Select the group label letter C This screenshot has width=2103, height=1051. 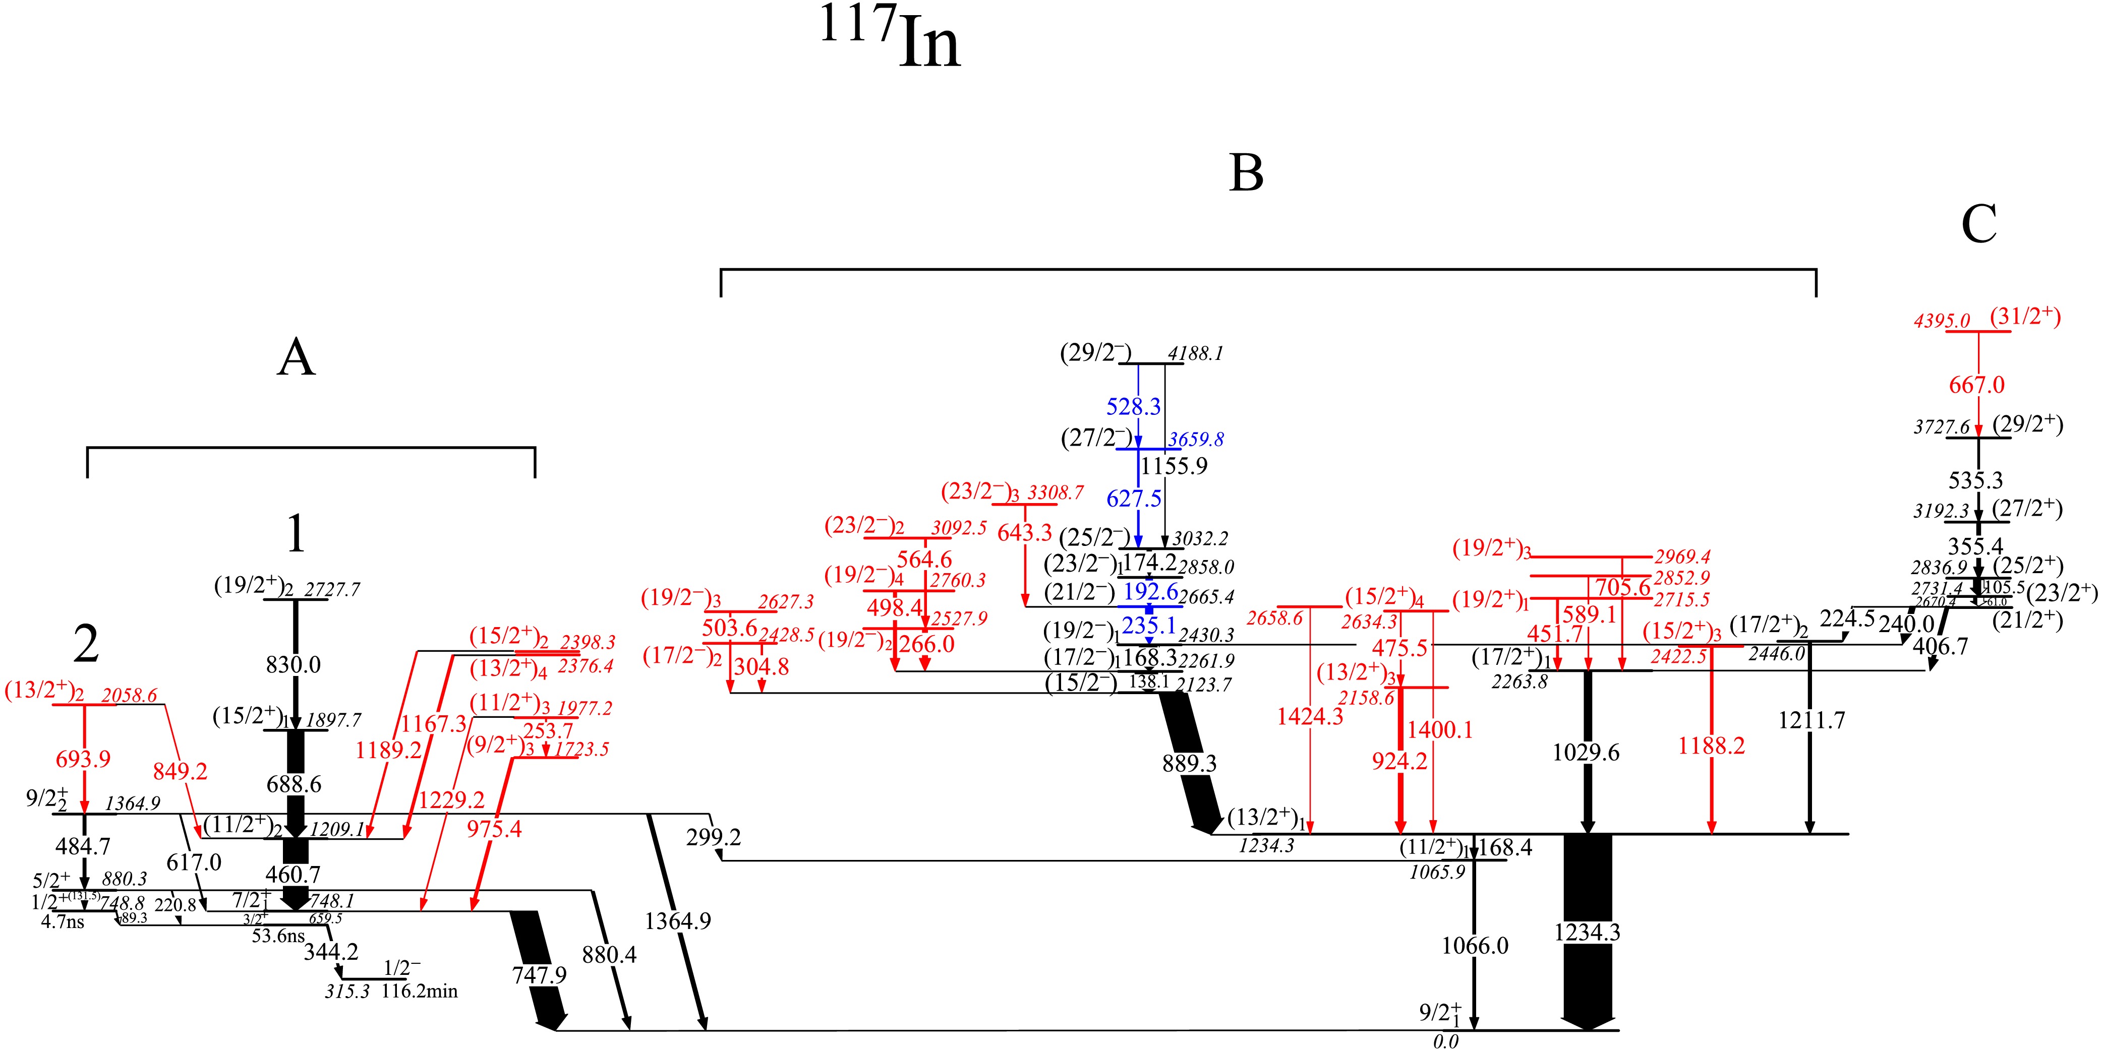1979,224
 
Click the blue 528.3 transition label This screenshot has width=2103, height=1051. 1133,406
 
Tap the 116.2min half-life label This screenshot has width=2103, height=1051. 420,992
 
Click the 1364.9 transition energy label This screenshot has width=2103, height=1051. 678,921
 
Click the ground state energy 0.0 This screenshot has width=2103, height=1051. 1445,1041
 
